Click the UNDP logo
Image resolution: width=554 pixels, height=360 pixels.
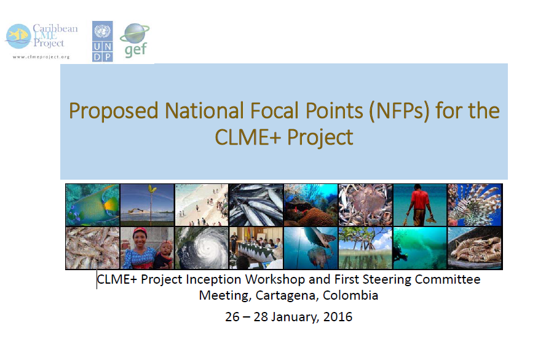[103, 41]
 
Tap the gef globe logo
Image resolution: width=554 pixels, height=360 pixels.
[135, 40]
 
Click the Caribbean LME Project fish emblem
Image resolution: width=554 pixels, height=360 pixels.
[18, 36]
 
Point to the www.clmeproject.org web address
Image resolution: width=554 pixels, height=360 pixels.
[41, 57]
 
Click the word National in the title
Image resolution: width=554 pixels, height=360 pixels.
[204, 110]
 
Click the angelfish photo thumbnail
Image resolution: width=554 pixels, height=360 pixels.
[93, 205]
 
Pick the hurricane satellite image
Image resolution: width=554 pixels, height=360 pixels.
[202, 247]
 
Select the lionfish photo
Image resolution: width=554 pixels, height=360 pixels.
[475, 205]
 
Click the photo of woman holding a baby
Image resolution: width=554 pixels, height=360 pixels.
[147, 247]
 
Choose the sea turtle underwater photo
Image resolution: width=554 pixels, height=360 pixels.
[311, 247]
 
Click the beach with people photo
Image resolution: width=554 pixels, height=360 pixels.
[202, 205]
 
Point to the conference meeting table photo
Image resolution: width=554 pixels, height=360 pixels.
[256, 247]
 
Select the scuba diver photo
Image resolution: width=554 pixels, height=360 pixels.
[420, 247]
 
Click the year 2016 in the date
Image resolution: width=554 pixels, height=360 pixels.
[338, 316]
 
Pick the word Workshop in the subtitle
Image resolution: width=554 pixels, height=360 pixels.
[275, 279]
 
